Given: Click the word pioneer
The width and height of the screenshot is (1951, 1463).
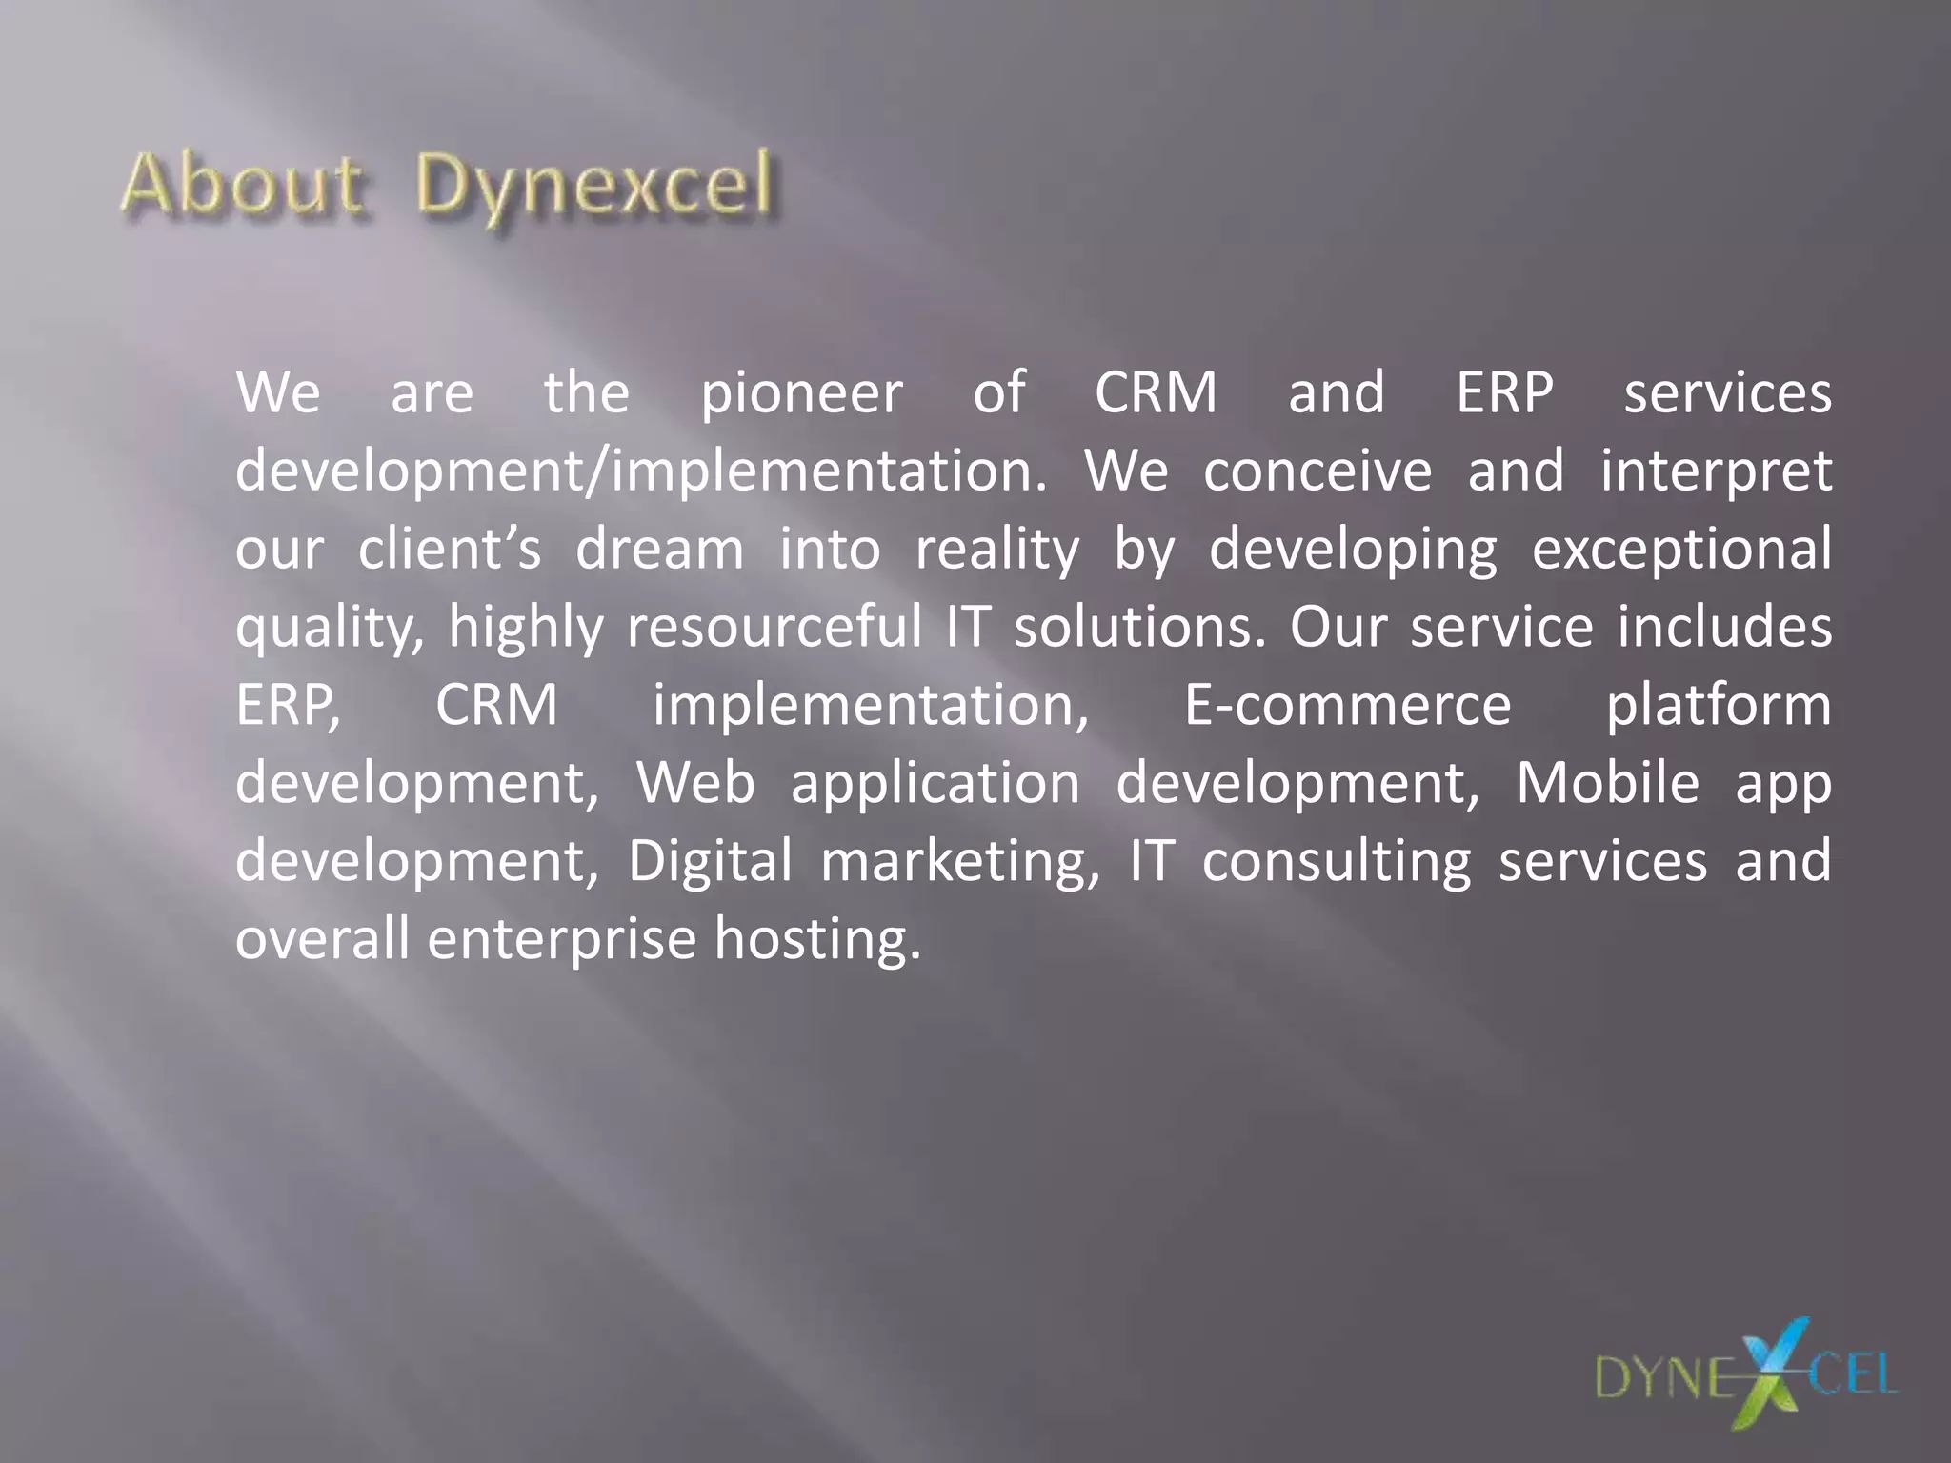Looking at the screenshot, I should click(x=801, y=394).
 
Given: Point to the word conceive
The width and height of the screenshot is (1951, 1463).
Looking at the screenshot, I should click(x=1317, y=471).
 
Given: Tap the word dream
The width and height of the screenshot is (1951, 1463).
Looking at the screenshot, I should click(x=659, y=550).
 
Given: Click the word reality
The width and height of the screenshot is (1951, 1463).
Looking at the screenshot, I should click(x=997, y=551).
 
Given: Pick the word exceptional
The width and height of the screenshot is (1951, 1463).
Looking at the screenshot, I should click(x=1681, y=551).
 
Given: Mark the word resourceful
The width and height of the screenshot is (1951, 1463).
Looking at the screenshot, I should click(x=774, y=628).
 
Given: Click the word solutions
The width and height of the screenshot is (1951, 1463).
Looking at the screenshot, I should click(x=1139, y=628).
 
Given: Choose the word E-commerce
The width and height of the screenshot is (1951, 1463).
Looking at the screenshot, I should click(x=1347, y=706).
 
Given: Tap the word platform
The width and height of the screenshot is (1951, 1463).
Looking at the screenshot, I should click(x=1719, y=708).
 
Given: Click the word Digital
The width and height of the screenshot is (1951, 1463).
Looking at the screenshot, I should click(x=710, y=862).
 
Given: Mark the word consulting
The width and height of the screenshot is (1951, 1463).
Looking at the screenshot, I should click(x=1337, y=862).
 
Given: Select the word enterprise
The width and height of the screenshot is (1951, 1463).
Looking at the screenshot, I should click(x=562, y=941).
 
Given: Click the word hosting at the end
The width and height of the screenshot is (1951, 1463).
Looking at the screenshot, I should click(x=816, y=941).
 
